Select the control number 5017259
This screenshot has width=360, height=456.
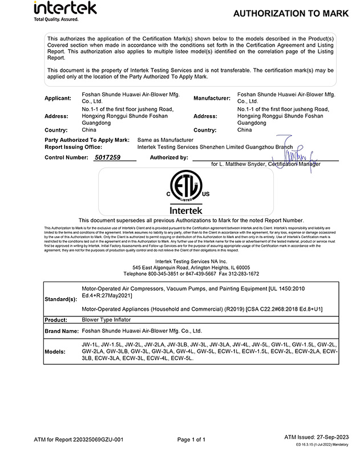point(107,157)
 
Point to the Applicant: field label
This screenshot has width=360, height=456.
point(58,99)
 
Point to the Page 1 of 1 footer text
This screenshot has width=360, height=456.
point(191,439)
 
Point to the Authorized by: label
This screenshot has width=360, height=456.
point(169,157)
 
